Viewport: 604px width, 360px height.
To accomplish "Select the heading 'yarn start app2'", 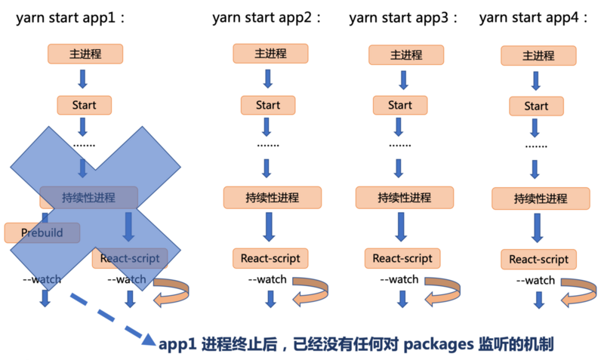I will coord(266,18).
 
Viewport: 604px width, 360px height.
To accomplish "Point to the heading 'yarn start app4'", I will coord(535,18).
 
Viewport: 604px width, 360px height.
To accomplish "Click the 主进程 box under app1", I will coord(85,54).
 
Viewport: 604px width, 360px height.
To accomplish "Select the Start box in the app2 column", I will coord(267,105).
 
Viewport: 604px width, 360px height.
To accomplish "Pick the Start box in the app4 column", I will coord(536,106).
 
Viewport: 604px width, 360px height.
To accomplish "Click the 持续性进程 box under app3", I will coord(405,198).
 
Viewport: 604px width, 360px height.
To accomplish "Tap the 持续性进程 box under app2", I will coord(272,198).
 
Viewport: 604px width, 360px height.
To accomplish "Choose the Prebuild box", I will coord(42,232).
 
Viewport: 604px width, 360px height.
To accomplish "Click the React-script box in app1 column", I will coord(129,258).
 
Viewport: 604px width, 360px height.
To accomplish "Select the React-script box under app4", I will coord(538,260).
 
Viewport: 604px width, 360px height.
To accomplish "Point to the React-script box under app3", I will coord(402,258).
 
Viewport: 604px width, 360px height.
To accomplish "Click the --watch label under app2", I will coord(267,279).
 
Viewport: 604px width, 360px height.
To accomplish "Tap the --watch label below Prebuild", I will coord(42,279).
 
